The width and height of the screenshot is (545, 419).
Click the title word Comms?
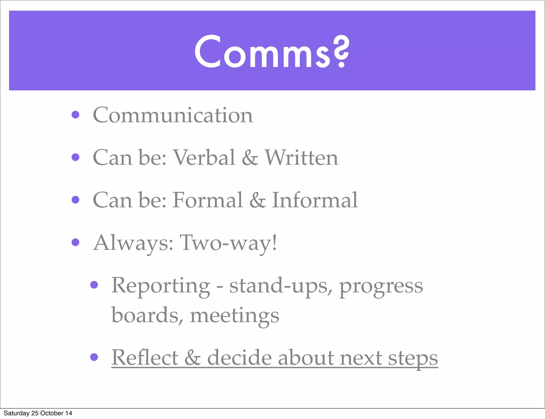click(271, 52)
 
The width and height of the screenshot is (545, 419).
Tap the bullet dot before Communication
click(76, 115)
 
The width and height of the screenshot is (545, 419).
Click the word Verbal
click(204, 157)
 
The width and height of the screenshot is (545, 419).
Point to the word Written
click(302, 157)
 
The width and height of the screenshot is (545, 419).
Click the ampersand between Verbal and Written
click(250, 158)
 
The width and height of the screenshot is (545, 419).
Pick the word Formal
click(208, 200)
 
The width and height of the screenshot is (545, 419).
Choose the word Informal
click(315, 200)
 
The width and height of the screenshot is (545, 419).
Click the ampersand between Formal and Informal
click(257, 200)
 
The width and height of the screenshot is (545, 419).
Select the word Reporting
click(161, 286)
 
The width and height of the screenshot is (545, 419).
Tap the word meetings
click(234, 316)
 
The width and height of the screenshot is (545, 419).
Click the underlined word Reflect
click(144, 358)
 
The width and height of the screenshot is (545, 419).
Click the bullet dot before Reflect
click(94, 357)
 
